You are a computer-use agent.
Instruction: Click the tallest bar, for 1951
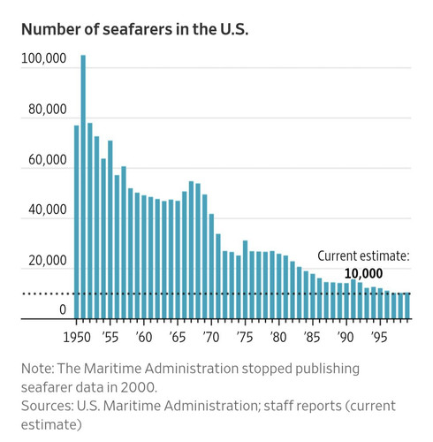point(83,187)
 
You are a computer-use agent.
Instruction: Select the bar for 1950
point(76,222)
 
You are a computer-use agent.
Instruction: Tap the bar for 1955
point(110,230)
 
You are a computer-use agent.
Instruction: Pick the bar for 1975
point(245,279)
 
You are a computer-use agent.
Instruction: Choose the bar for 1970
point(211,266)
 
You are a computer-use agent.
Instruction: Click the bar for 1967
point(191,250)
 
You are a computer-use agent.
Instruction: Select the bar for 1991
point(353,299)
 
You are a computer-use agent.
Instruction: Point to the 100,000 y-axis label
point(44,58)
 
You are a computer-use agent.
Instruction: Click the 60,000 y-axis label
point(48,160)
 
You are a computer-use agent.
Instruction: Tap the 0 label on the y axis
point(63,309)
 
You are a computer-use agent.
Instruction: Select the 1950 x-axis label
point(77,337)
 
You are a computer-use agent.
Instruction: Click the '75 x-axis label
point(245,337)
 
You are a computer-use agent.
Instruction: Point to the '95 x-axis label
point(379,337)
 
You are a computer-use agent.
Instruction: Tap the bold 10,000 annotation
point(363,273)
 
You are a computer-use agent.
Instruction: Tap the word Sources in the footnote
point(46,406)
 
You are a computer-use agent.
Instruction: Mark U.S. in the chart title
point(233,29)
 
